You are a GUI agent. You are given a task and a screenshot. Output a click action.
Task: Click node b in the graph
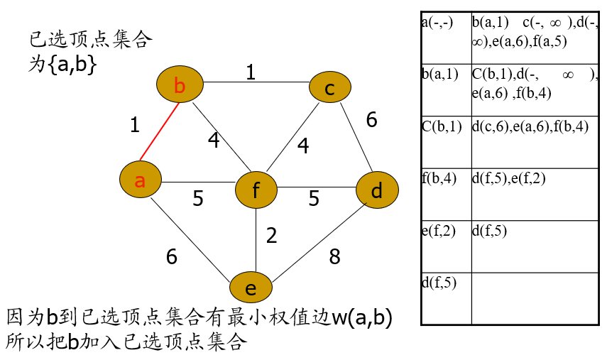(180, 86)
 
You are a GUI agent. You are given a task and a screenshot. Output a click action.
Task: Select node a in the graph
(141, 180)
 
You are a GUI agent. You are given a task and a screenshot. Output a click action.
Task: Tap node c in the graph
(330, 89)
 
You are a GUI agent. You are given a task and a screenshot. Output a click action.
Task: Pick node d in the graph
(376, 190)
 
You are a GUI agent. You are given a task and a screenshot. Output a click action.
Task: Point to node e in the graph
(251, 288)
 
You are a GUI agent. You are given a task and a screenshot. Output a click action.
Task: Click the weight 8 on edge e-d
(334, 256)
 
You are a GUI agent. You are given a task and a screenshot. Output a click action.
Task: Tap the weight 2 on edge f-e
(271, 235)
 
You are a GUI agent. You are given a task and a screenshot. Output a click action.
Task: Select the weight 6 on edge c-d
(371, 120)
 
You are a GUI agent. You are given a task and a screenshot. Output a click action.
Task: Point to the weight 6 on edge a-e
(171, 256)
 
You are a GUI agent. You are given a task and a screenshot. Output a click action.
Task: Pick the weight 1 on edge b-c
(250, 72)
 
